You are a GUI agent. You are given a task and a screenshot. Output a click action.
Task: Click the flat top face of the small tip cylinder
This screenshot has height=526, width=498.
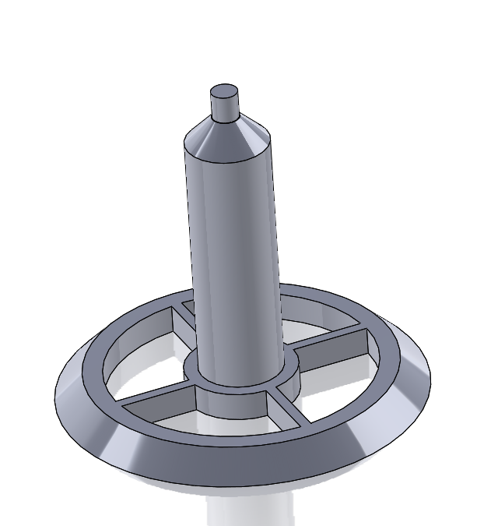225,90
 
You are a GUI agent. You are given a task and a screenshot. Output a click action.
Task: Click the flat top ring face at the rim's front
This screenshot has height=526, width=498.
233,444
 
